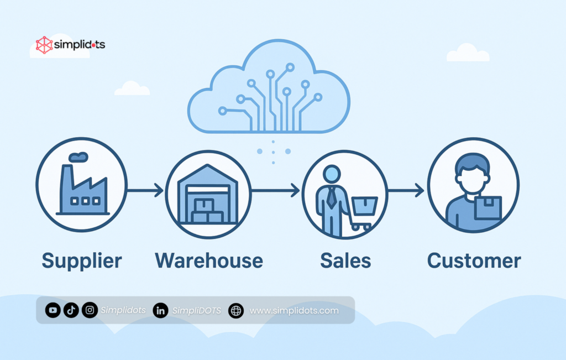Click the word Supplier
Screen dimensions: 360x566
(82, 260)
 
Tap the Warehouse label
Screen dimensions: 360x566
(209, 260)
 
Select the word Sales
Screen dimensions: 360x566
(345, 260)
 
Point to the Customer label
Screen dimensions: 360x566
(474, 260)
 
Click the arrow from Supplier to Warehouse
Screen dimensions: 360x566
(145, 191)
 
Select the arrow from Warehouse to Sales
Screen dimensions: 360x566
(275, 191)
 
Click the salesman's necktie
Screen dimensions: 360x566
(331, 196)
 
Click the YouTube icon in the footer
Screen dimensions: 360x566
(53, 310)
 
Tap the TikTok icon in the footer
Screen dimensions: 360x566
(71, 310)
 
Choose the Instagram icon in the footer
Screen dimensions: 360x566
(90, 310)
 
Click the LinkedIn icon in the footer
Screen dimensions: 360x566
(161, 311)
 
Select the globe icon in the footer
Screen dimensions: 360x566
(236, 311)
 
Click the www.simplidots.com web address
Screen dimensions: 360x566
(294, 311)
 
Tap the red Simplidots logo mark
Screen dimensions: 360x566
(44, 45)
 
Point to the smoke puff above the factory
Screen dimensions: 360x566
(78, 156)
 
